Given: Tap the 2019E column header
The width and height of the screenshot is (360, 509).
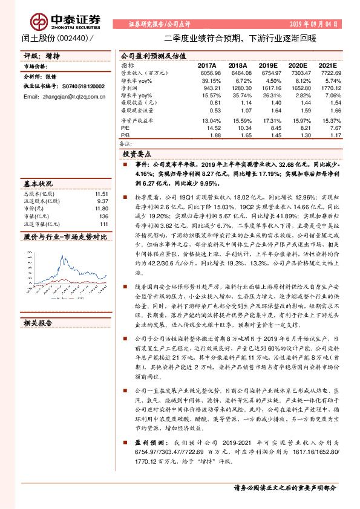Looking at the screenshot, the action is click(268, 65).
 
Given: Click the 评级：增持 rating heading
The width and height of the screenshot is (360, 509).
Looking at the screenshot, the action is click(42, 56).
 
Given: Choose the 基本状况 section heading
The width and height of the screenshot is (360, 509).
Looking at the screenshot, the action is click(38, 183).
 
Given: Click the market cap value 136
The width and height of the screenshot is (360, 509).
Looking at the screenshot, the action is click(103, 215).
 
